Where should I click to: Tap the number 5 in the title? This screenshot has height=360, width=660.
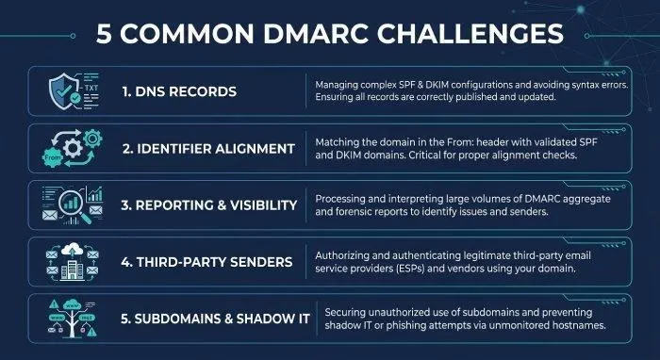click(104, 34)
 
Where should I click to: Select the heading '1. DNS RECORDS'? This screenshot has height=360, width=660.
click(179, 91)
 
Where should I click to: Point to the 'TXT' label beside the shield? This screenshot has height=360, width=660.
click(91, 88)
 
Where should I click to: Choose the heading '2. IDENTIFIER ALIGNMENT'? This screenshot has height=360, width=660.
click(208, 149)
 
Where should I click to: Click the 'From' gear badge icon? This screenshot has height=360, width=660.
click(53, 157)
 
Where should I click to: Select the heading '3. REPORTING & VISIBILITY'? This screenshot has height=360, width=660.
click(208, 205)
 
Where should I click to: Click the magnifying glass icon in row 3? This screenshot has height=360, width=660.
click(74, 205)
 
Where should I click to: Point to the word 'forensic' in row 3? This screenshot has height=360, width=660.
click(352, 211)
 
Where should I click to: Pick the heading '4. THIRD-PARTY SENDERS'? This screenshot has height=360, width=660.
click(206, 262)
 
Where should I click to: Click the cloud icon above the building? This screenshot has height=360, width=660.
click(72, 250)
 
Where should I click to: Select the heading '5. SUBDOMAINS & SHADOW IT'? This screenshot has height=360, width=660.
click(215, 319)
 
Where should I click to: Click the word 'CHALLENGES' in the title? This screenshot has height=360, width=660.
click(470, 34)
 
